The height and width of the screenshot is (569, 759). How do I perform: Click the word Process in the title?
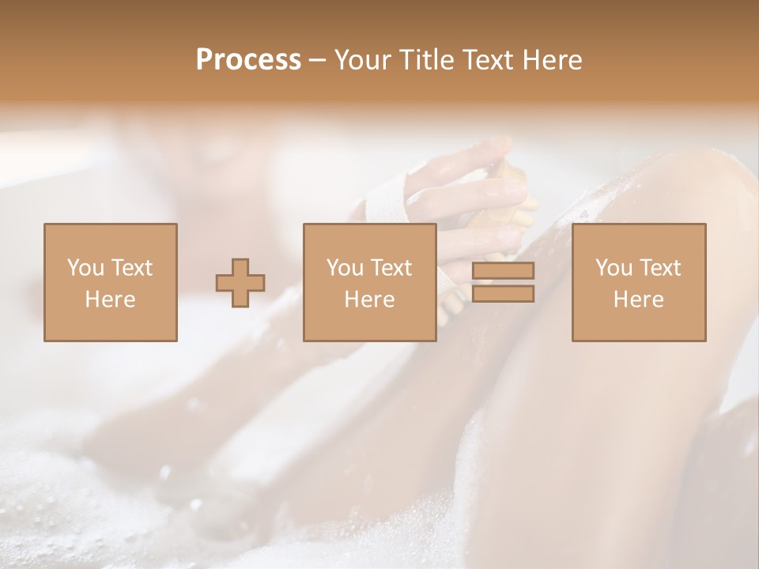248,59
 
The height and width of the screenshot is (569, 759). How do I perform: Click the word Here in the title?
553,59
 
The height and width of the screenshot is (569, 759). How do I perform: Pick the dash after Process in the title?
318,61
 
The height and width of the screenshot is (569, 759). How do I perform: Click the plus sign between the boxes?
240,283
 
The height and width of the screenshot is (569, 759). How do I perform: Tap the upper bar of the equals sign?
503,271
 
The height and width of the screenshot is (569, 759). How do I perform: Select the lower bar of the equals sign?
503,294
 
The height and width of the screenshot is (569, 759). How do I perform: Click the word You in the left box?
85,267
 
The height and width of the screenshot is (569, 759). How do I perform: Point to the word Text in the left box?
131,267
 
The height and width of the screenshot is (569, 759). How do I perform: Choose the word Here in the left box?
110,299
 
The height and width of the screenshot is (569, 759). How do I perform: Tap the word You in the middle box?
345,267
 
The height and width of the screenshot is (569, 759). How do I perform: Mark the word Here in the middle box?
369,299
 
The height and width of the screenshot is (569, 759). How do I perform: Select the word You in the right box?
614,267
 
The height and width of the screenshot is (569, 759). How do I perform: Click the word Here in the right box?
638,299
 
